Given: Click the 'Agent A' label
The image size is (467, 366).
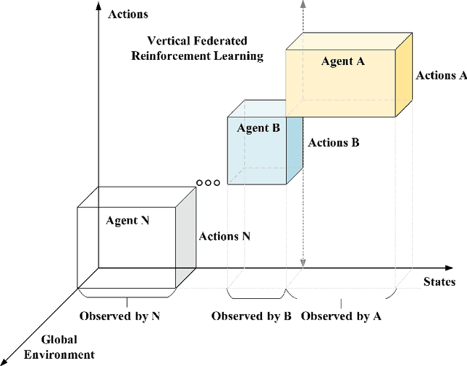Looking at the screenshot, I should tap(342, 61).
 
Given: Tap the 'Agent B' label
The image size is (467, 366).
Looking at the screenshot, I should tap(258, 128).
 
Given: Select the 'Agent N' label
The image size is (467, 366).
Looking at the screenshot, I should tap(128, 220).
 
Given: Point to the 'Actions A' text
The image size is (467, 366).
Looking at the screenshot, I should tap(441, 75).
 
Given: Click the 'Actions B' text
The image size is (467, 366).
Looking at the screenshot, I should tap(333, 143).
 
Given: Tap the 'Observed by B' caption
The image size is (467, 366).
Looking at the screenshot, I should tap(252, 316).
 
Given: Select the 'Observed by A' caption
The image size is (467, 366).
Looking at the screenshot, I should tap(341, 316).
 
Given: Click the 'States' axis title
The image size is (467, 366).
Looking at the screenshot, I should tap(439, 281).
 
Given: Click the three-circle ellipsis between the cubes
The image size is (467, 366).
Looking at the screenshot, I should tap(208, 183).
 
